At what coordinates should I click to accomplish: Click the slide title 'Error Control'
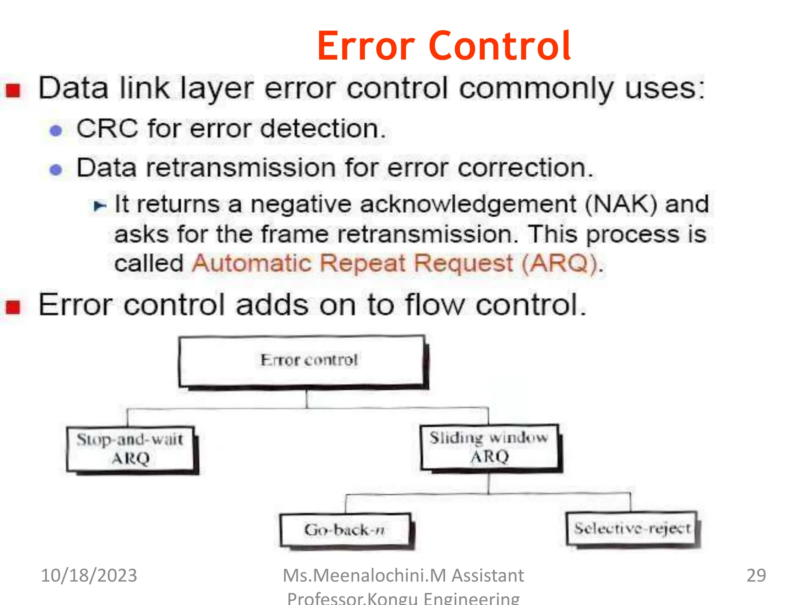coord(444,46)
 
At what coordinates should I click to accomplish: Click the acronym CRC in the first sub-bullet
coord(107,129)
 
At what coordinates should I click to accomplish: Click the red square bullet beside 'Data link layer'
coord(13,90)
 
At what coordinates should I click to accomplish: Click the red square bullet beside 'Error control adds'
coord(13,307)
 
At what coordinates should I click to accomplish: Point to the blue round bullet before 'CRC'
coord(56,131)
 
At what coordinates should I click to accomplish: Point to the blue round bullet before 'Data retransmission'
coord(56,170)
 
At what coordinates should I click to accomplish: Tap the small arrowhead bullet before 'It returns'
coord(99,206)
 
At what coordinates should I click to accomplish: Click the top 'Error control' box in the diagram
coord(303,361)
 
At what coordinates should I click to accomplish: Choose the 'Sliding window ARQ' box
coord(489,447)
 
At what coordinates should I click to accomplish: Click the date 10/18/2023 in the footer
coord(89,575)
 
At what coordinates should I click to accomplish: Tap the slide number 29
coord(756,575)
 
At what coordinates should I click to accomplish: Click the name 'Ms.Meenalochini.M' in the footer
coord(364,575)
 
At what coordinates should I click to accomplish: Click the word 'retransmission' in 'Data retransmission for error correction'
coord(241,168)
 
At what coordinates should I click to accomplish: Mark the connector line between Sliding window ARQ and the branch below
coord(489,483)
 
